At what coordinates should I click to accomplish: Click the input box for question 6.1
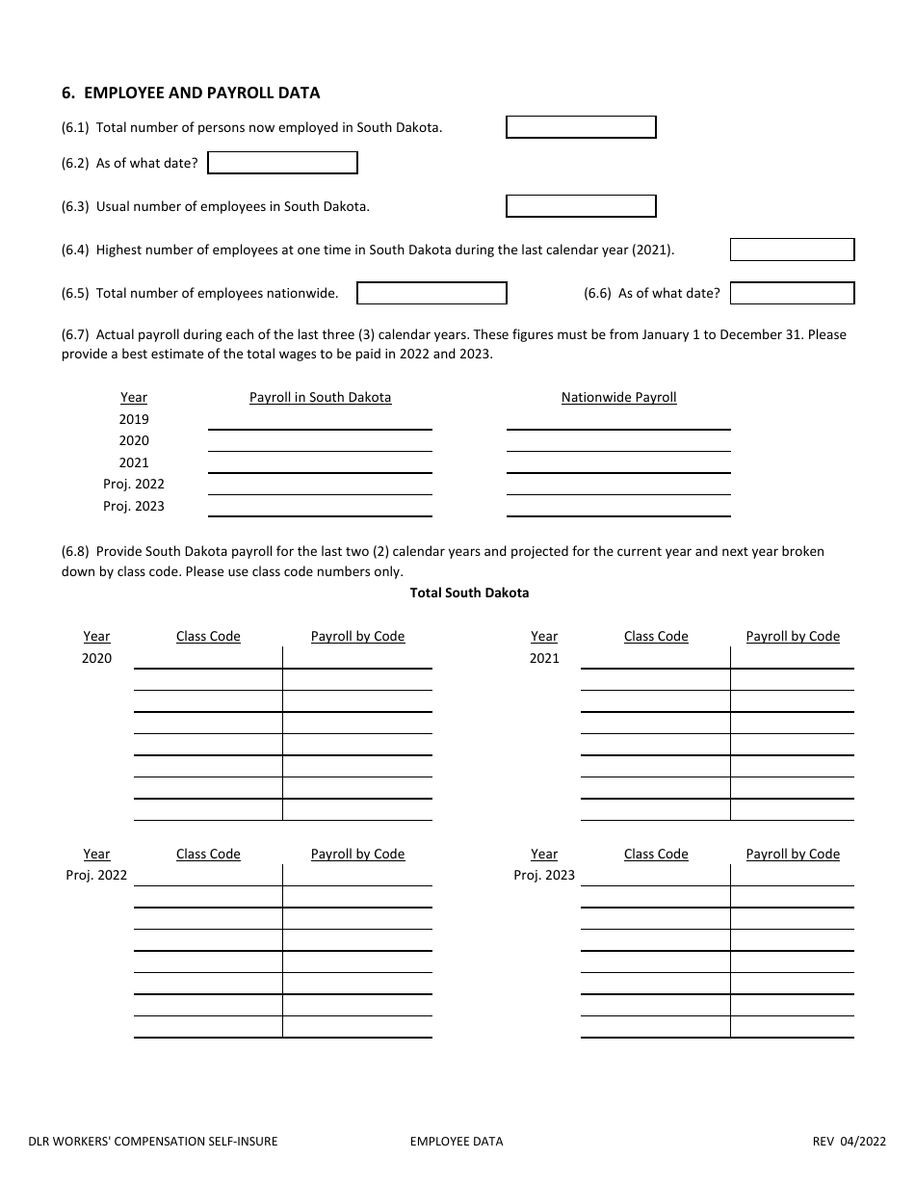pyautogui.click(x=581, y=127)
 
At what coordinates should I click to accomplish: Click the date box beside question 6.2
pyautogui.click(x=282, y=163)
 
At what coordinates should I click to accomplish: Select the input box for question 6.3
pyautogui.click(x=581, y=206)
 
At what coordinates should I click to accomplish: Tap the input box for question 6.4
pyautogui.click(x=792, y=250)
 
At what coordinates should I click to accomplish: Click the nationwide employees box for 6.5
pyautogui.click(x=431, y=293)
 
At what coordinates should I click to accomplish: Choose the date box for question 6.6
pyautogui.click(x=792, y=293)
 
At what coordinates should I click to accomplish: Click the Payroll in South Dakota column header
pyautogui.click(x=320, y=397)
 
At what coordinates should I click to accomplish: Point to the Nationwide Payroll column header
pyautogui.click(x=618, y=397)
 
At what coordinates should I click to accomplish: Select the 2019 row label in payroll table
pyautogui.click(x=134, y=419)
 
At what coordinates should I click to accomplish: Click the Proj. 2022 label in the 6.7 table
pyautogui.click(x=134, y=485)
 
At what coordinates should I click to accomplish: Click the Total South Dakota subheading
pyautogui.click(x=469, y=593)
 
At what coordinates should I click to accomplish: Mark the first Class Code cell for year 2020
pyautogui.click(x=208, y=658)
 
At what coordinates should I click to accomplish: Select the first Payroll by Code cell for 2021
pyautogui.click(x=792, y=658)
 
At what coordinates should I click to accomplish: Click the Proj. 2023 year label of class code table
pyautogui.click(x=544, y=876)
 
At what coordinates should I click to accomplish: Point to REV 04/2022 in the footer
pyautogui.click(x=849, y=1142)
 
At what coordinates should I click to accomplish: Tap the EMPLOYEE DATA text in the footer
pyautogui.click(x=457, y=1142)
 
